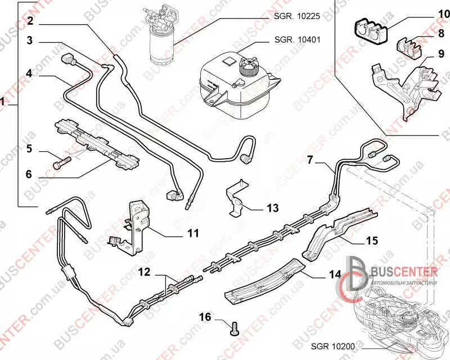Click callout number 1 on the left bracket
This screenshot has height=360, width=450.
click(x=4, y=103)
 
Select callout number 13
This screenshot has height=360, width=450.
click(x=272, y=209)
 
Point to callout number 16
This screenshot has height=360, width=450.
click(x=205, y=317)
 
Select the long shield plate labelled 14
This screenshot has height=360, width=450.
click(x=264, y=281)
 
